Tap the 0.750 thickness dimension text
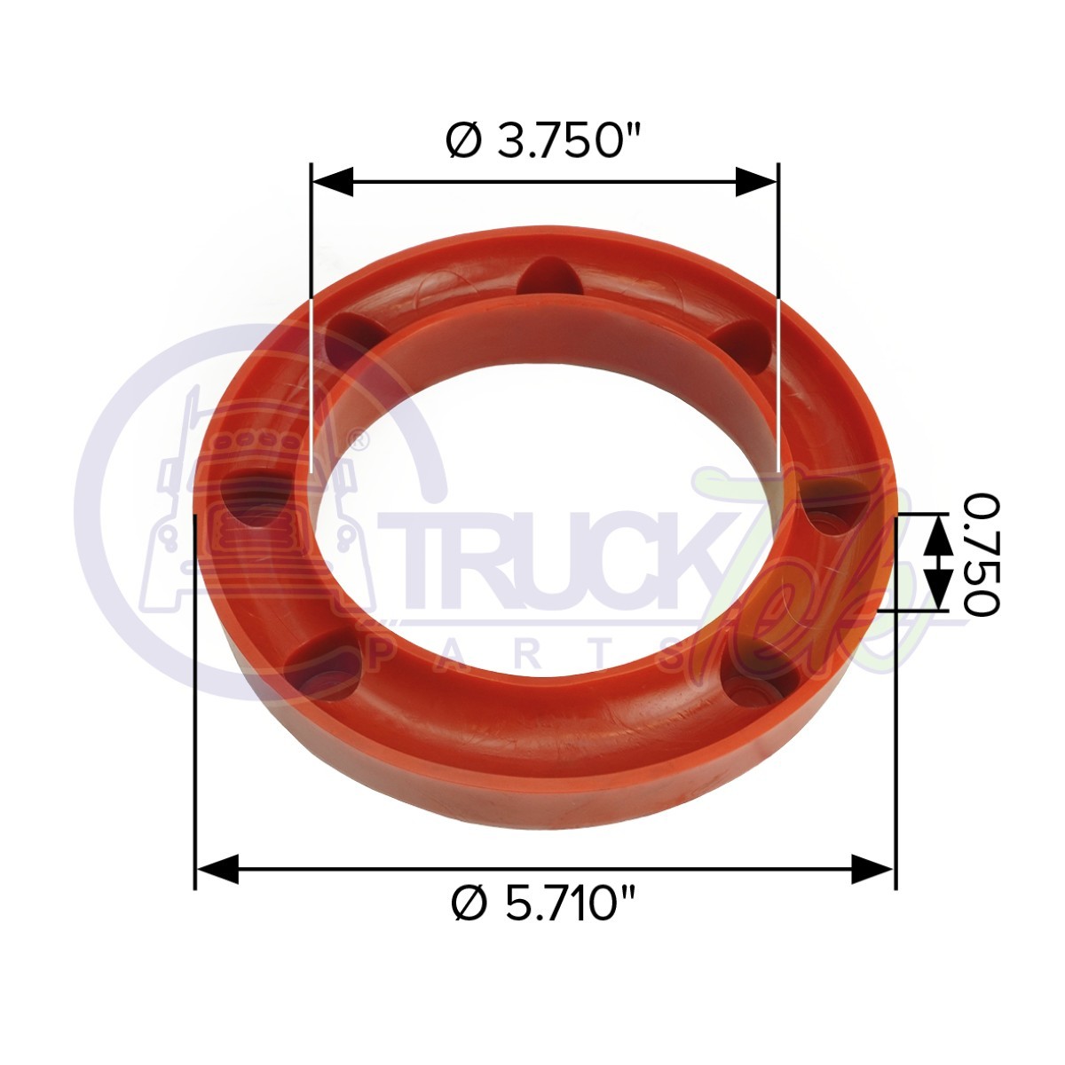tap(981, 555)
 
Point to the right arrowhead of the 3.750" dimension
tap(757, 184)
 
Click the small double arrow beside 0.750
tap(935, 560)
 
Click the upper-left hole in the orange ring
tap(352, 343)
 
